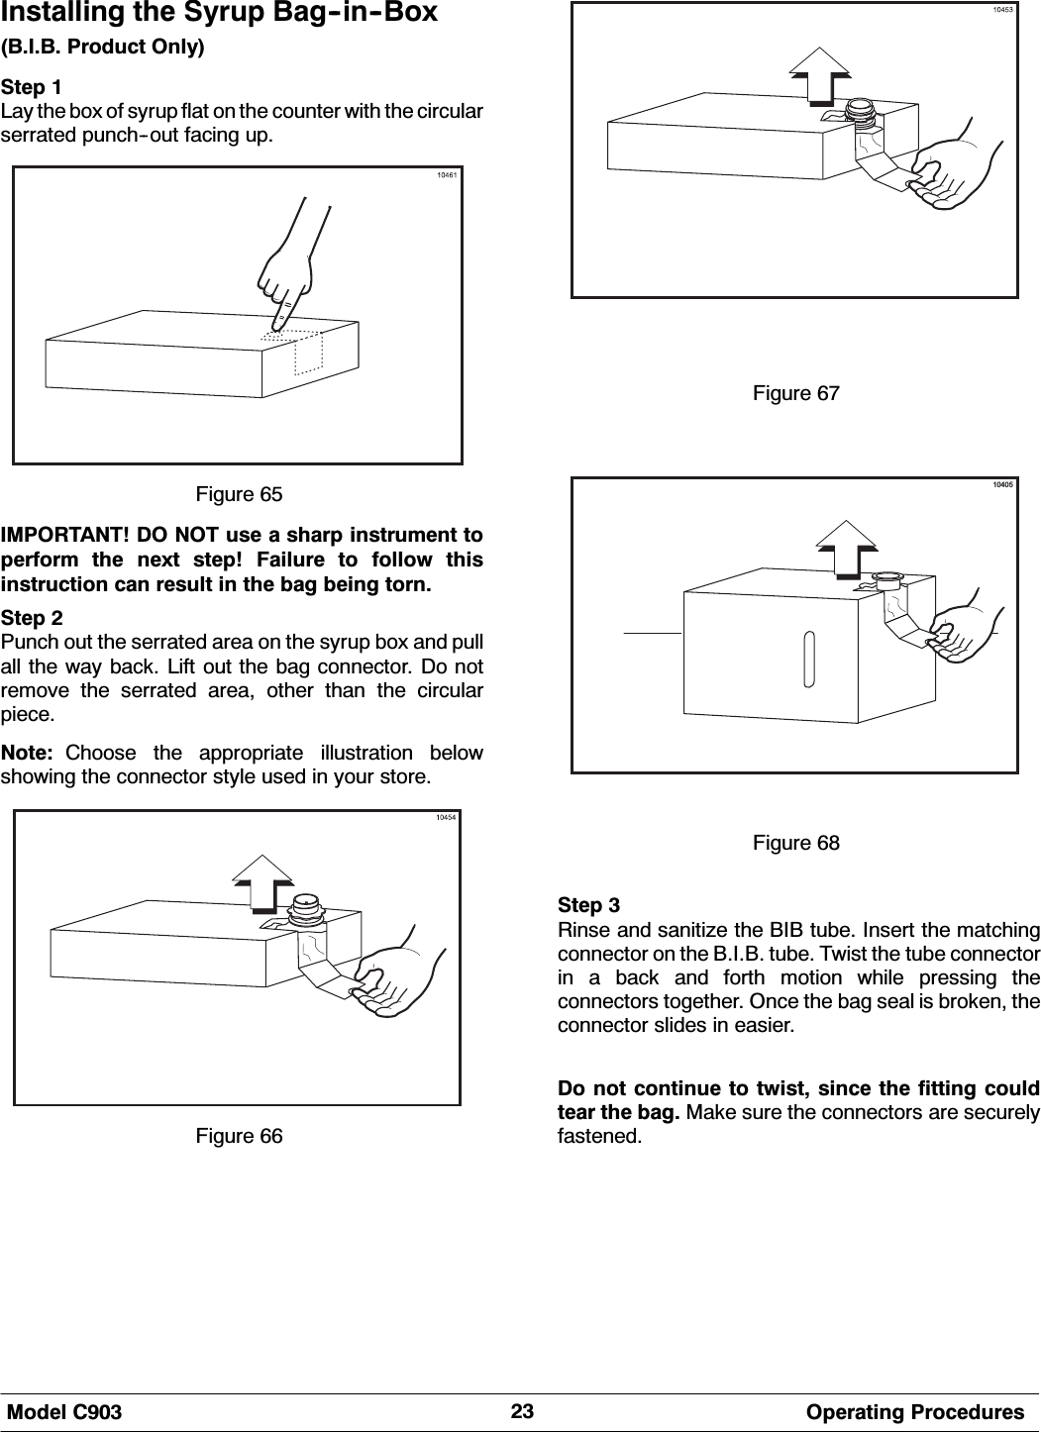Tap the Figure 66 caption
pyautogui.click(x=239, y=1136)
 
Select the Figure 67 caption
pyautogui.click(x=796, y=393)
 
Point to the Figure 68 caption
pyautogui.click(x=796, y=843)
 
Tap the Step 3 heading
pyautogui.click(x=589, y=906)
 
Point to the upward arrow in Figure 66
pyautogui.click(x=262, y=880)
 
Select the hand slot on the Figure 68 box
pyautogui.click(x=811, y=659)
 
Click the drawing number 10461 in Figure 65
pyautogui.click(x=447, y=176)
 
